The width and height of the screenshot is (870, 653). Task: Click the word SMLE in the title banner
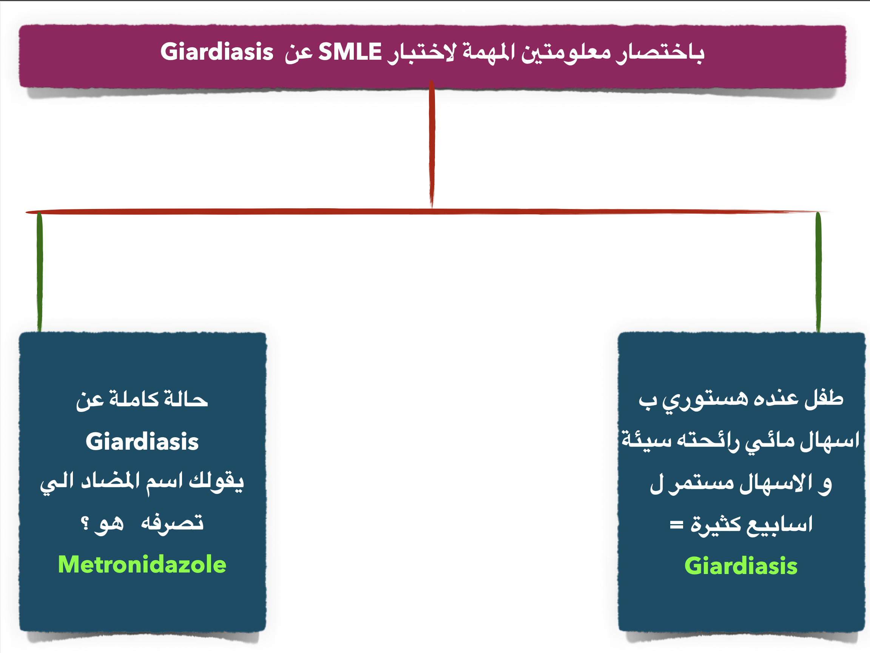[x=350, y=51]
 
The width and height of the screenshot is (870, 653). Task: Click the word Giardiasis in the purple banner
[x=217, y=51]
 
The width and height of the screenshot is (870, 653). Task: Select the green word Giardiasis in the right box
[x=741, y=566]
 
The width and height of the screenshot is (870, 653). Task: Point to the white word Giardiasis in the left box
[x=142, y=441]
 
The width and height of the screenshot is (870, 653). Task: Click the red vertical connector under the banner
[x=432, y=144]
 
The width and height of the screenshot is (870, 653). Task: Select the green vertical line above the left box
[x=40, y=272]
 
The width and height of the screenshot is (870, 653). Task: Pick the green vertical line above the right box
[x=819, y=272]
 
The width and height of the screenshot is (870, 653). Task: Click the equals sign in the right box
[x=677, y=525]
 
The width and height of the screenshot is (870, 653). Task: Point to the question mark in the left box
[x=85, y=523]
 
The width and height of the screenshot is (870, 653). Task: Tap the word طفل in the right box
[x=824, y=398]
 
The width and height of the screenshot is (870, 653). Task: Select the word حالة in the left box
[x=186, y=399]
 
